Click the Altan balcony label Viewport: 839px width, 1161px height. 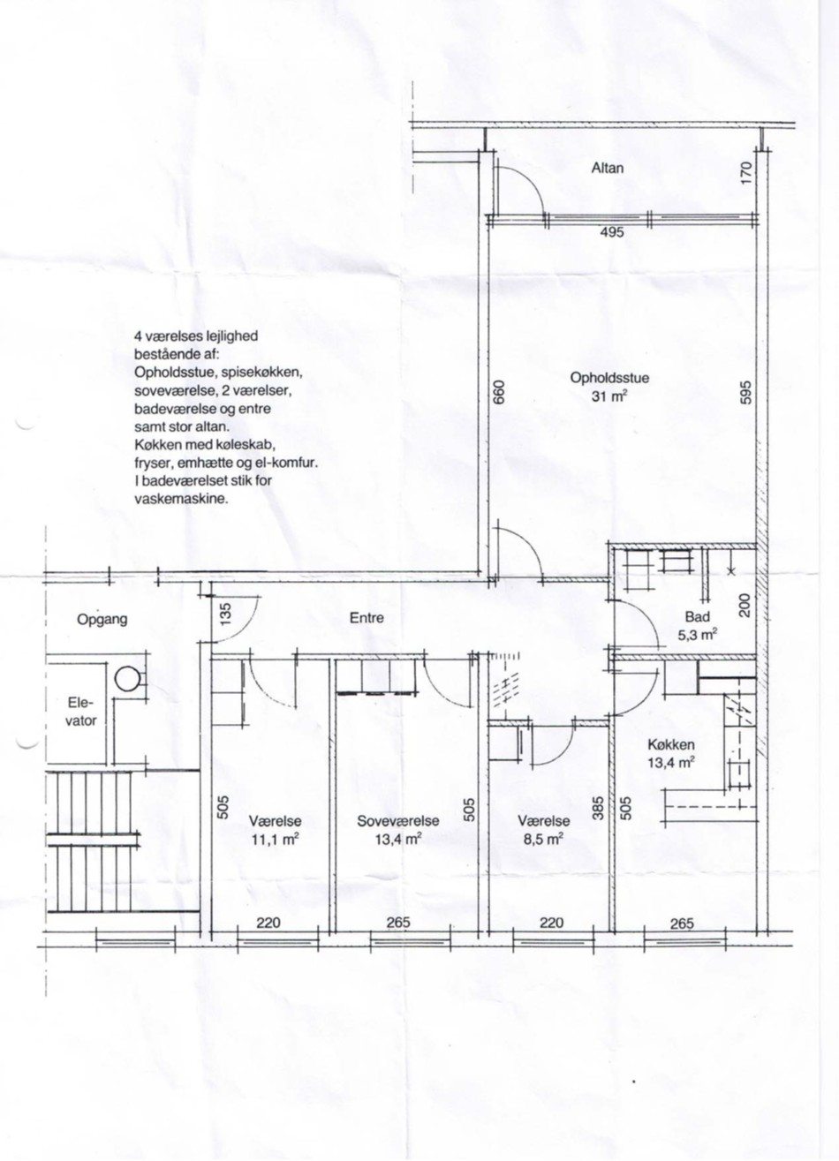click(608, 168)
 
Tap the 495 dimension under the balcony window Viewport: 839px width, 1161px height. click(612, 233)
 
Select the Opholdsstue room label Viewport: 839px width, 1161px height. click(609, 378)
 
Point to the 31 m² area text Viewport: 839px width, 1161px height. click(609, 396)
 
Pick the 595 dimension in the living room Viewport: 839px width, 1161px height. click(745, 393)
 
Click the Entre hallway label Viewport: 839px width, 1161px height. click(367, 618)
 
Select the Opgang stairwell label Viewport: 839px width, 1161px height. click(102, 620)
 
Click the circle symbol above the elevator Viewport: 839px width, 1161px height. click(126, 678)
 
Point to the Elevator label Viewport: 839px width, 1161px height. click(81, 712)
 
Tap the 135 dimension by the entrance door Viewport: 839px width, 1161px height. click(225, 614)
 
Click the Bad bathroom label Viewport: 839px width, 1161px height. click(698, 617)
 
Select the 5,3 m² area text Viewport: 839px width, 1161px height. click(698, 635)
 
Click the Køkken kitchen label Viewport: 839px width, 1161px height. click(671, 745)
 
